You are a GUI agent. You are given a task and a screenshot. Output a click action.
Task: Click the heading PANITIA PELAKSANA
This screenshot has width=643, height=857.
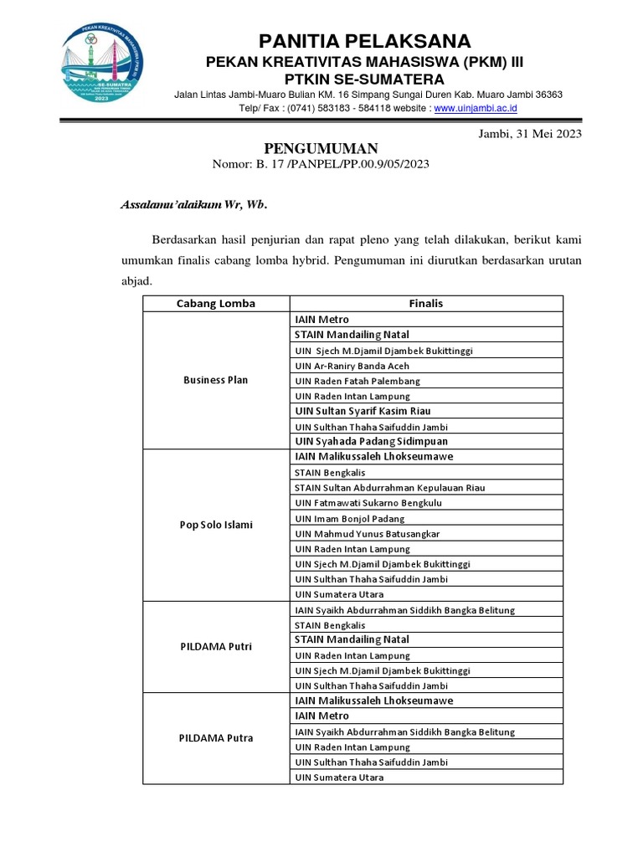[364, 41]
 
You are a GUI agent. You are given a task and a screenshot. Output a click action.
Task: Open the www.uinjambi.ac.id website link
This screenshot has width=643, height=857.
[476, 108]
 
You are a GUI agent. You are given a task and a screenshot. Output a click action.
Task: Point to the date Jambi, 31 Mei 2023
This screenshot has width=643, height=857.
[529, 133]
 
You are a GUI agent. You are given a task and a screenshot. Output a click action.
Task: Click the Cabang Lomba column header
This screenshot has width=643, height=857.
[215, 303]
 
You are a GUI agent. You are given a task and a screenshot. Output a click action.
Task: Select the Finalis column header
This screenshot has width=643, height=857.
[426, 303]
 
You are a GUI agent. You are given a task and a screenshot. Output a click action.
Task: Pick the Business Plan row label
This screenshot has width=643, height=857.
[215, 380]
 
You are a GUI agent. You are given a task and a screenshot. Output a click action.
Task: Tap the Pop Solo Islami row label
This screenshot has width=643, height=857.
[215, 525]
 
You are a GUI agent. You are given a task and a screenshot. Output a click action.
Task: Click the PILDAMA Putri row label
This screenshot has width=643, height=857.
[215, 647]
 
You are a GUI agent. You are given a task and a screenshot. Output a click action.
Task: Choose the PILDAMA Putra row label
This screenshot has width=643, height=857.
[215, 738]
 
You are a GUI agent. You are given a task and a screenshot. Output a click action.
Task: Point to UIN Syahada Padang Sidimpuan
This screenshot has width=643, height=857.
[371, 441]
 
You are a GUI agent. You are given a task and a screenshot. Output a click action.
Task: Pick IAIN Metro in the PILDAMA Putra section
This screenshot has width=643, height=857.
[321, 716]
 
